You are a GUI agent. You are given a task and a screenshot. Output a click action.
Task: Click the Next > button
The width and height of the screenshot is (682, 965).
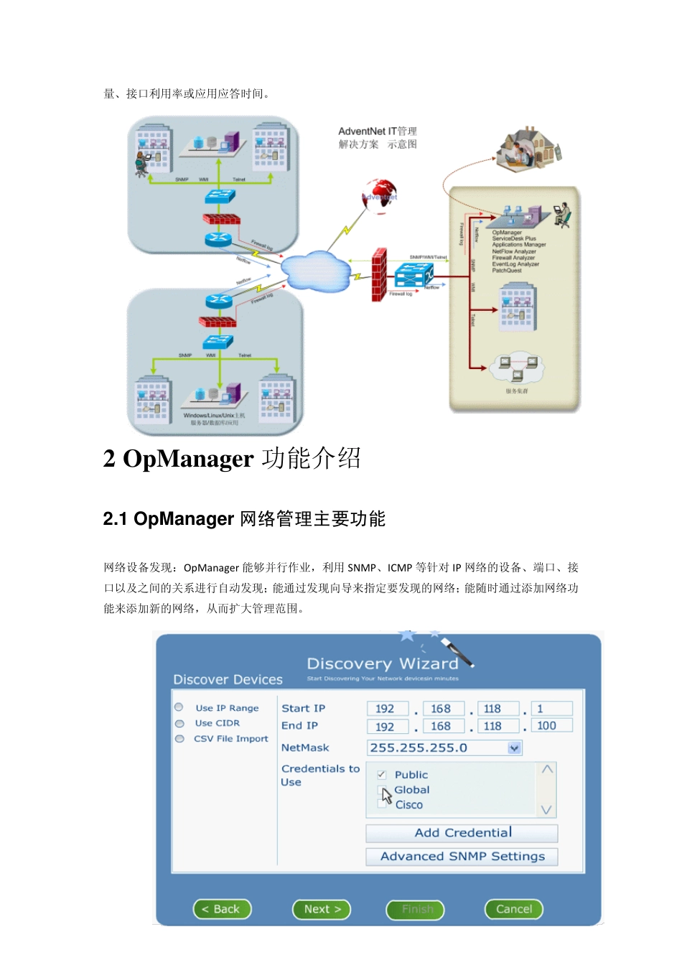(x=322, y=909)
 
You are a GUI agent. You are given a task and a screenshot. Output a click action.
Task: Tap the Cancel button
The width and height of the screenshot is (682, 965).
(x=514, y=909)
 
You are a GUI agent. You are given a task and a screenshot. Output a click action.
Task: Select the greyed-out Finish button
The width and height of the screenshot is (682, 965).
(x=416, y=910)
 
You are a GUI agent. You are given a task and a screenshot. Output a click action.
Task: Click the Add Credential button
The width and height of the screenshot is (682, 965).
(x=462, y=833)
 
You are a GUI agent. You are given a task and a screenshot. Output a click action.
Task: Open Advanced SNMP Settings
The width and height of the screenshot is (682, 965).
(x=462, y=857)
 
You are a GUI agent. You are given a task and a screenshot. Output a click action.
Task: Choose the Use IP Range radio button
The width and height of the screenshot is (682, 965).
(x=179, y=707)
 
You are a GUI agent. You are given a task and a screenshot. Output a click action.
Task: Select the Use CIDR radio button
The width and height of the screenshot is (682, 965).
(x=179, y=723)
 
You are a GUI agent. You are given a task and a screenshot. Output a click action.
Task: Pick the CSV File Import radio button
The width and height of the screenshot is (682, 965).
(x=179, y=739)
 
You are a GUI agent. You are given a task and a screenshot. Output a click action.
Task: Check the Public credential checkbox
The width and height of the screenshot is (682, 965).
(x=381, y=775)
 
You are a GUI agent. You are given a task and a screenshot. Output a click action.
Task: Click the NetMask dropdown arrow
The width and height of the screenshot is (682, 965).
(x=514, y=748)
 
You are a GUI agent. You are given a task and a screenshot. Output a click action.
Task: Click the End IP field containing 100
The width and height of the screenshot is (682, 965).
(x=551, y=726)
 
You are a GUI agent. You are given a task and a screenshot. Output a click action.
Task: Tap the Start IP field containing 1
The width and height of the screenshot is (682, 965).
(x=551, y=709)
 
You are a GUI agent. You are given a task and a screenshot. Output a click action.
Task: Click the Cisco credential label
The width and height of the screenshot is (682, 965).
(x=409, y=805)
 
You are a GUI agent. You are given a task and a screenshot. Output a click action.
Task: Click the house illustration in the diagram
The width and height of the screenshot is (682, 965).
(x=528, y=147)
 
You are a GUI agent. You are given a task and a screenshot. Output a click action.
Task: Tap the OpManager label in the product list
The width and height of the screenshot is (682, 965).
(x=507, y=233)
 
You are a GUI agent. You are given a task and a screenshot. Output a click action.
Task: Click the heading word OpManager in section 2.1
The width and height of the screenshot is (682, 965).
(x=184, y=519)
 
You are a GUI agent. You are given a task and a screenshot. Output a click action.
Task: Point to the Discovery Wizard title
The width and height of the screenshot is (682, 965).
(x=382, y=663)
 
